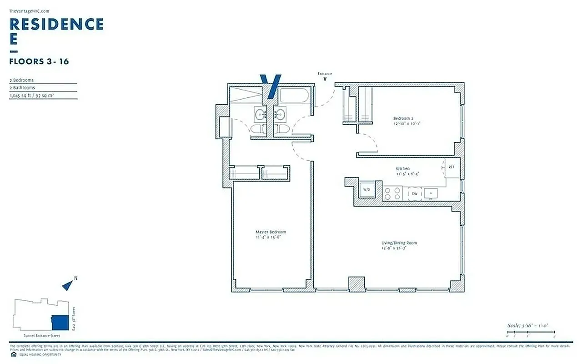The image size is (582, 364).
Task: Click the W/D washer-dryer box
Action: (x=366, y=190)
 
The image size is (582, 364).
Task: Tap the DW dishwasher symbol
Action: (x=415, y=194)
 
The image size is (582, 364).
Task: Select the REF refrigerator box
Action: (x=452, y=167)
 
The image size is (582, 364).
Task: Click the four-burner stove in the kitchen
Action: (x=392, y=194)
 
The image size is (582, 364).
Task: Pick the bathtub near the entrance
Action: (x=294, y=96)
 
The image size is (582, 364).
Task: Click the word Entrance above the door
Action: (x=325, y=74)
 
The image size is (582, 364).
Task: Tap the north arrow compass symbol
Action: (x=68, y=285)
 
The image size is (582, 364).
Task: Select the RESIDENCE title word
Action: (x=56, y=24)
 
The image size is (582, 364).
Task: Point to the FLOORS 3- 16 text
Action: (x=39, y=61)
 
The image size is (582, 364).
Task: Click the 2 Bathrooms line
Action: (x=22, y=88)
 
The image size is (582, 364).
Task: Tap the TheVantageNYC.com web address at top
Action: (x=29, y=11)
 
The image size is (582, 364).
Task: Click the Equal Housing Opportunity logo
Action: (x=13, y=354)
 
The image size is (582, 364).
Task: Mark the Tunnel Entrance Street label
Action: (x=41, y=336)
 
